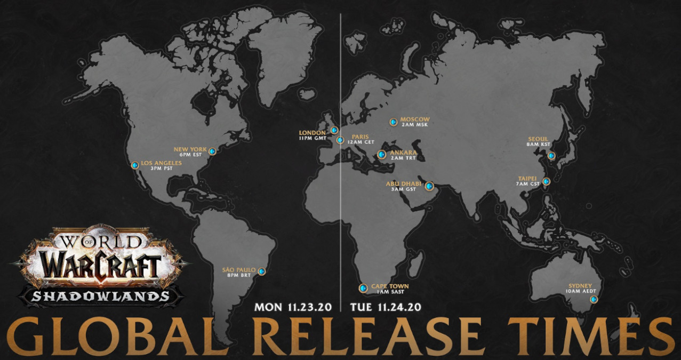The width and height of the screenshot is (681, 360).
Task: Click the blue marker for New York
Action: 212,151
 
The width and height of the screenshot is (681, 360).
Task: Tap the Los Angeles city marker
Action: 135,165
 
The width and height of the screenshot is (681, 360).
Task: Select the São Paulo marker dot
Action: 261,271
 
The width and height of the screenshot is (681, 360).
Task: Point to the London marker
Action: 334,130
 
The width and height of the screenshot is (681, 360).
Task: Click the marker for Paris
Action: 340,141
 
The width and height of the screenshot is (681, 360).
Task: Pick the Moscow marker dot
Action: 393,122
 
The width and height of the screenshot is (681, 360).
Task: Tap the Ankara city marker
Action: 381,155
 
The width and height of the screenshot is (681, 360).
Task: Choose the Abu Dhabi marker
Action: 429,186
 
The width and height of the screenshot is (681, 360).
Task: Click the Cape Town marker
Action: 363,289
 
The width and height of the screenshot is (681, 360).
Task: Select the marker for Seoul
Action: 551,156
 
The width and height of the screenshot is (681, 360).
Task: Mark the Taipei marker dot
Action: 546,181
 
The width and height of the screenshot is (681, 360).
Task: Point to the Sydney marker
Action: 593,300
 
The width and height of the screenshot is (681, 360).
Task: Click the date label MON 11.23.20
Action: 293,307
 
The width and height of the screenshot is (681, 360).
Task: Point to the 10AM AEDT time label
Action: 581,292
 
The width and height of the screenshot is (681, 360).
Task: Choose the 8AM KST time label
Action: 539,144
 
